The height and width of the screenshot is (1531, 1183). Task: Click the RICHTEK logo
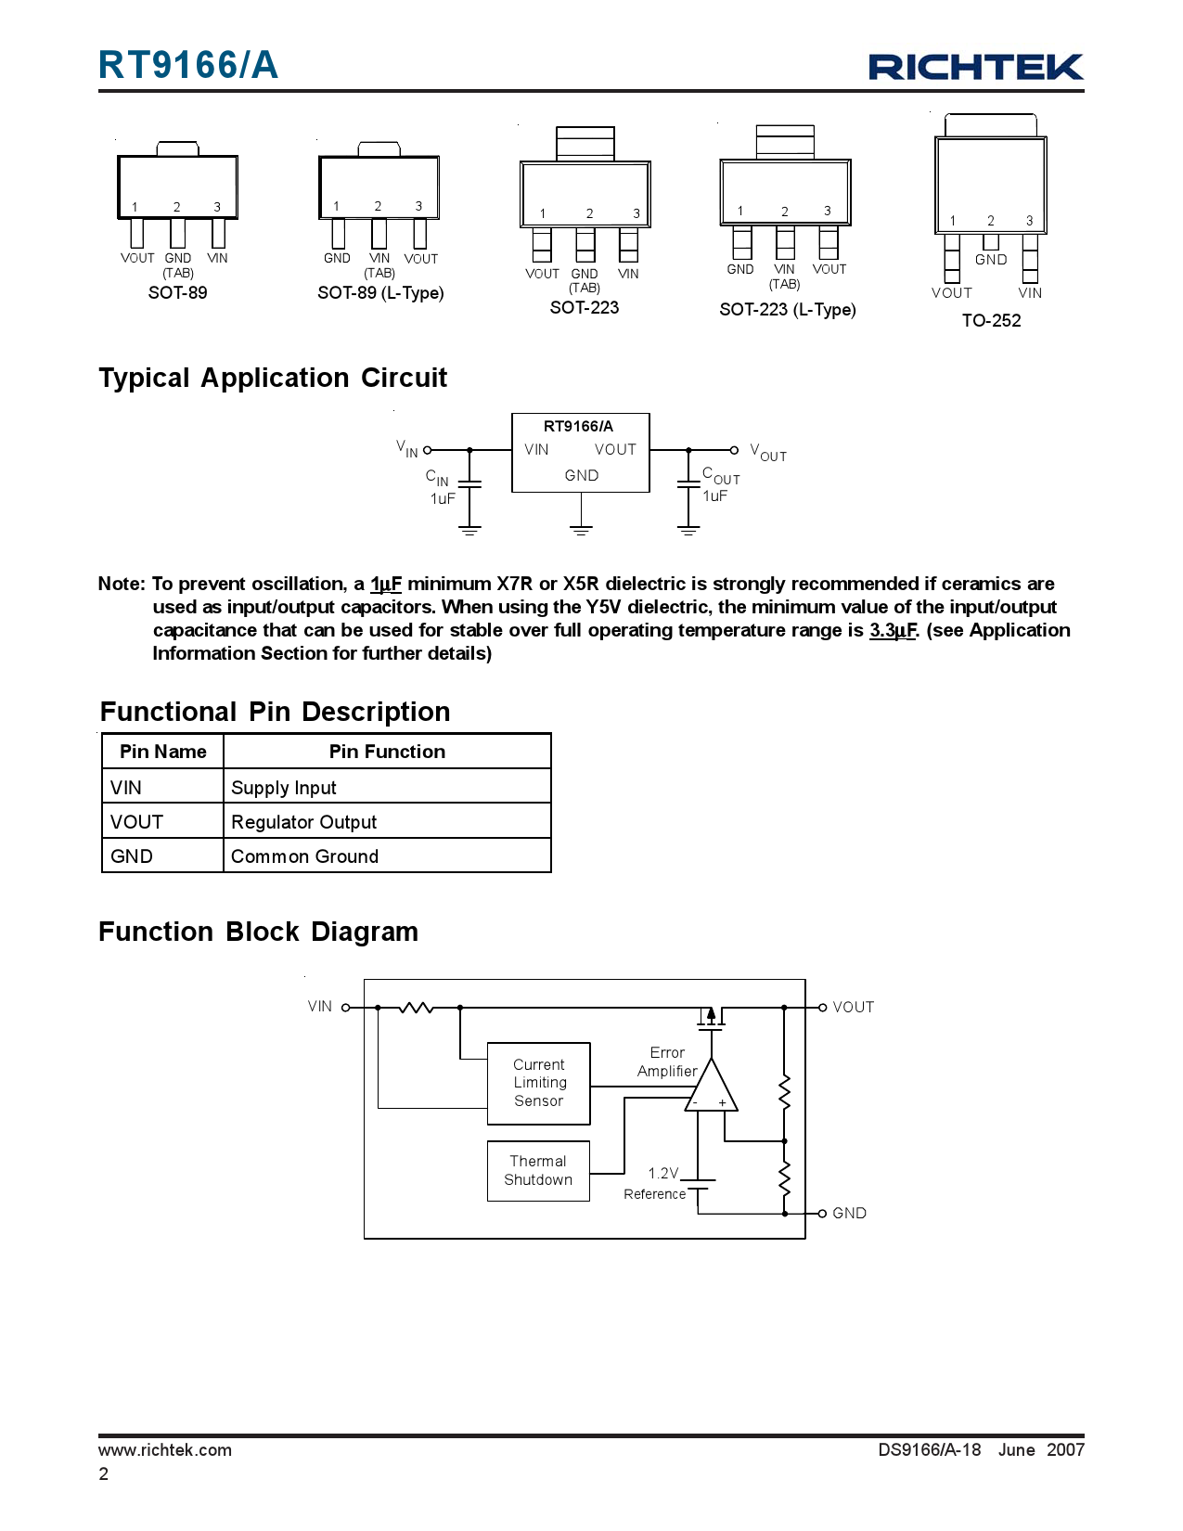(x=975, y=67)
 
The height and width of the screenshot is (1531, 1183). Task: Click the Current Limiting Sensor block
(x=538, y=1083)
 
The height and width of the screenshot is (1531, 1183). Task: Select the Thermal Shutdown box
(x=538, y=1171)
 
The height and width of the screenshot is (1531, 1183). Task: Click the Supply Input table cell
(x=387, y=788)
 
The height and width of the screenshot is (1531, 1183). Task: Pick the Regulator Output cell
(x=387, y=822)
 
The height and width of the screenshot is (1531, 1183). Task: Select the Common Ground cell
(x=387, y=856)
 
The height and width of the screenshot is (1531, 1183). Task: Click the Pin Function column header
(x=387, y=752)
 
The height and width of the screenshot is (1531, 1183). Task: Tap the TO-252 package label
(x=991, y=321)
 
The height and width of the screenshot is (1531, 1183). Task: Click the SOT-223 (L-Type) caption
(x=787, y=310)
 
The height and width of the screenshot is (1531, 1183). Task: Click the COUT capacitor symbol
(x=688, y=483)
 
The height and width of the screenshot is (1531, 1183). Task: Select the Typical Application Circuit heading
(x=273, y=379)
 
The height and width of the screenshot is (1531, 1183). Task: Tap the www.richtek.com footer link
(x=165, y=1450)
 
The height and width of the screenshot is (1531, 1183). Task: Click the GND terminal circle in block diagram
(x=822, y=1214)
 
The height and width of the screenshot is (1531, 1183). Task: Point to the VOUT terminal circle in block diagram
(x=822, y=1008)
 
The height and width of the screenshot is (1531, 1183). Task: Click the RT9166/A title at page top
(x=188, y=66)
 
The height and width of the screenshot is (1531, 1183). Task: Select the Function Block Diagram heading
(x=258, y=933)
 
